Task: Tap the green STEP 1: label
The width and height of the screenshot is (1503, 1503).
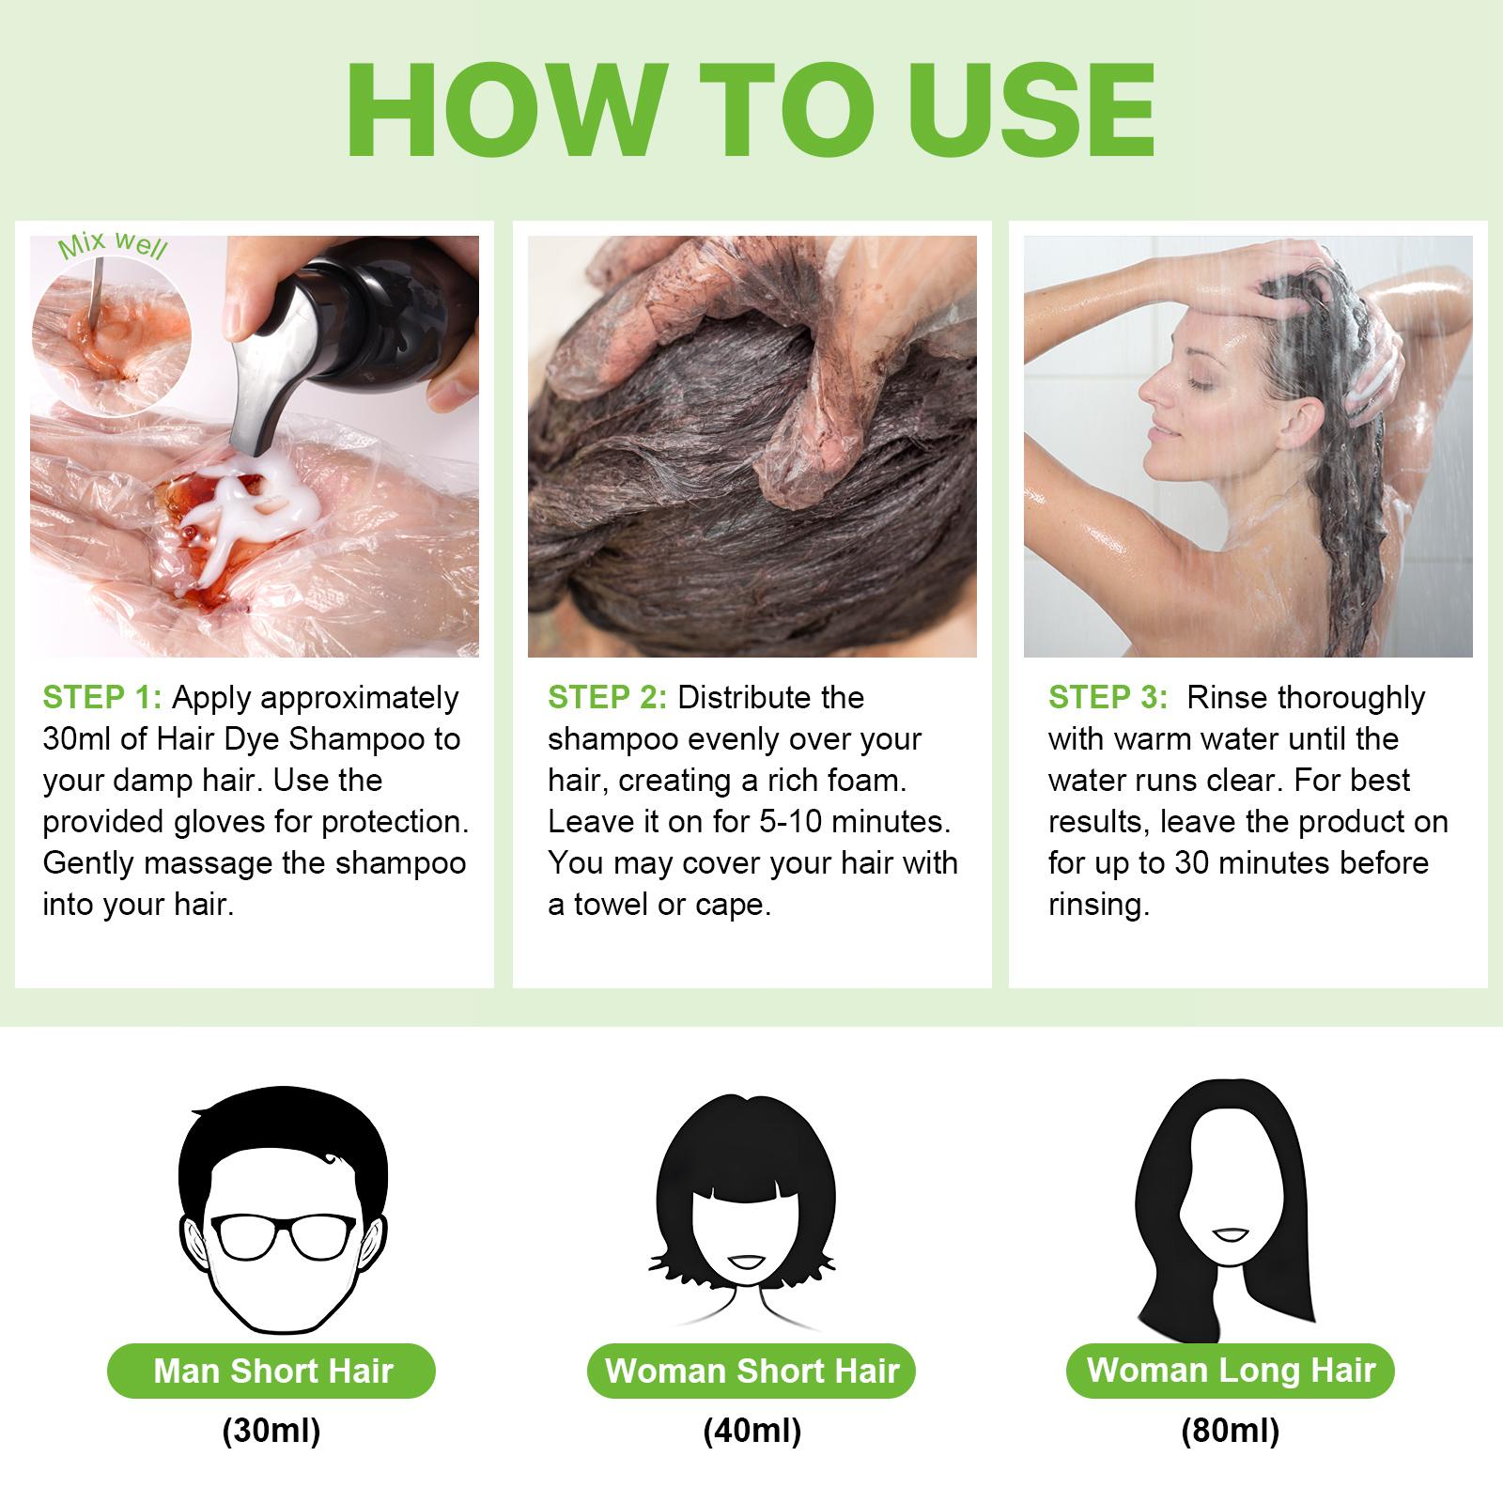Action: (102, 698)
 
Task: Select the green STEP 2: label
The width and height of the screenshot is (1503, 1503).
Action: (608, 698)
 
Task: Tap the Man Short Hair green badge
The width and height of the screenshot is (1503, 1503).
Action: (272, 1371)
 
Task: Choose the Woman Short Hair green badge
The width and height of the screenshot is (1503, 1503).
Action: (751, 1371)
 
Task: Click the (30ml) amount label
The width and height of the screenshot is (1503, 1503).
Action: (271, 1432)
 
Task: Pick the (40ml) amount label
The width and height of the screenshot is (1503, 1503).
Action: (751, 1432)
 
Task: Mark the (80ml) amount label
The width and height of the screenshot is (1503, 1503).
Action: (1231, 1432)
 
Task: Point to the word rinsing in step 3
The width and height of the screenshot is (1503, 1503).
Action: (1099, 905)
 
